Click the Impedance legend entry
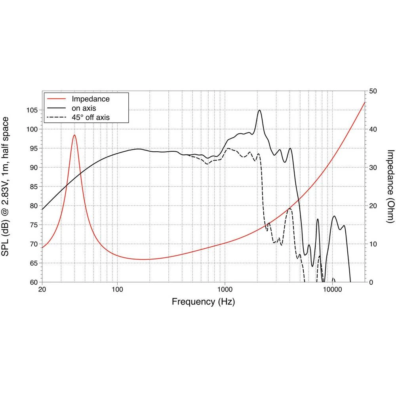click(x=90, y=99)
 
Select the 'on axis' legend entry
click(x=84, y=108)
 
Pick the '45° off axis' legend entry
click(x=90, y=117)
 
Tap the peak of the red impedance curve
click(x=74, y=135)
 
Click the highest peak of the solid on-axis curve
click(x=259, y=110)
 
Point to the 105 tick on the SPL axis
click(x=33, y=110)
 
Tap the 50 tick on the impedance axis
click(x=373, y=91)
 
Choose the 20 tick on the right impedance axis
click(x=373, y=206)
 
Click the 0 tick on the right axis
click(x=371, y=282)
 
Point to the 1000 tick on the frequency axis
click(x=225, y=289)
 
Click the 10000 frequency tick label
click(x=332, y=289)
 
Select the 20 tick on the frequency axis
click(x=42, y=289)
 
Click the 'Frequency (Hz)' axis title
click(x=203, y=302)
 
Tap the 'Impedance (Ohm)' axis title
click(x=390, y=186)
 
